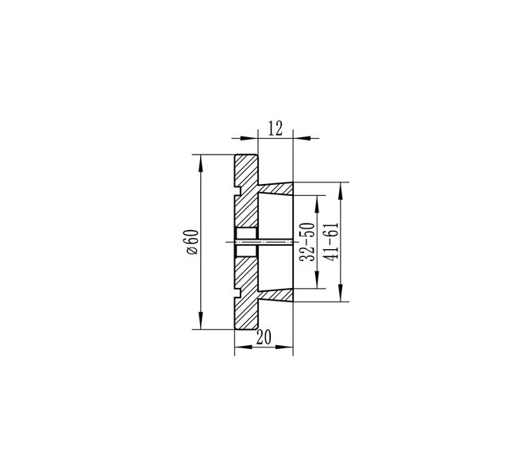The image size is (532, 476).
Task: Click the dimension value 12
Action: coord(276,129)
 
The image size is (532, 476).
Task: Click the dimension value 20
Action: coord(264,337)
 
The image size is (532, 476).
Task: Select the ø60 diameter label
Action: coord(192,242)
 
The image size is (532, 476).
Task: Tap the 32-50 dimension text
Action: coord(306,242)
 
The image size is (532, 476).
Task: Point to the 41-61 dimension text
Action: coord(331,241)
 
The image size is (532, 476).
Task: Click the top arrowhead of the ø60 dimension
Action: coord(201,163)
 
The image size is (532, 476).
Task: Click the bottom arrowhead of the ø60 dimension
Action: coord(201,321)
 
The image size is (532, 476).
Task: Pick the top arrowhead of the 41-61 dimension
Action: coord(341,191)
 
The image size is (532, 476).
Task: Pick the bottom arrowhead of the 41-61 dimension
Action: coord(341,293)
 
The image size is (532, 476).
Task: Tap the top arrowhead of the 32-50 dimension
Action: coord(317,204)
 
